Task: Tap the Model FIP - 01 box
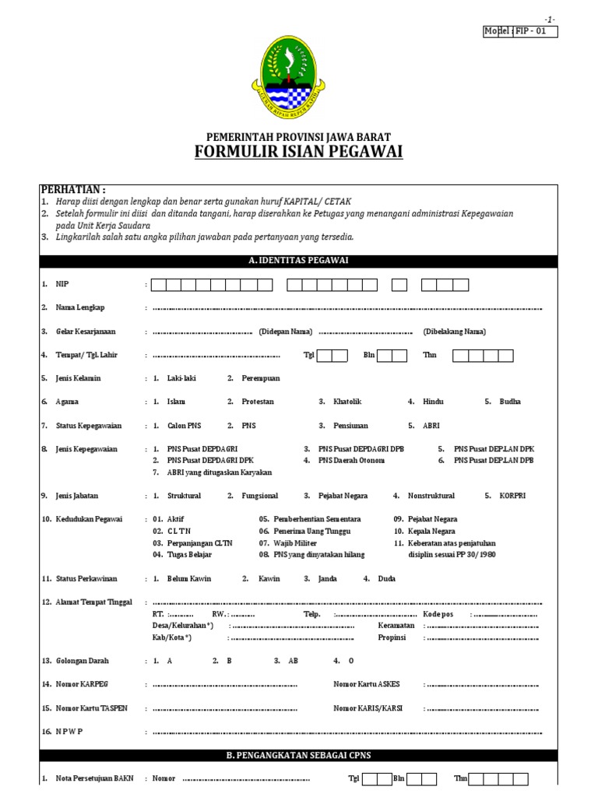pyautogui.click(x=520, y=31)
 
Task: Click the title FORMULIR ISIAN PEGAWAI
pyautogui.click(x=298, y=152)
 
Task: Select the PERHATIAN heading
pyautogui.click(x=72, y=191)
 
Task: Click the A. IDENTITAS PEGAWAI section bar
pyautogui.click(x=298, y=262)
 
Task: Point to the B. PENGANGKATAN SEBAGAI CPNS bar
pyautogui.click(x=298, y=755)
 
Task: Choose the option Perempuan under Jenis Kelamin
pyautogui.click(x=259, y=378)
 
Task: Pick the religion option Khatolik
pyautogui.click(x=347, y=402)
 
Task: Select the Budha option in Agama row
pyautogui.click(x=510, y=402)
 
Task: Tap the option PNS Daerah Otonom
pyautogui.click(x=352, y=460)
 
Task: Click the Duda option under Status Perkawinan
pyautogui.click(x=387, y=578)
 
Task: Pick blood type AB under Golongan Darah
pyautogui.click(x=293, y=660)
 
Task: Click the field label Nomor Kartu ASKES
pyautogui.click(x=366, y=684)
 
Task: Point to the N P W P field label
pyautogui.click(x=69, y=732)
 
